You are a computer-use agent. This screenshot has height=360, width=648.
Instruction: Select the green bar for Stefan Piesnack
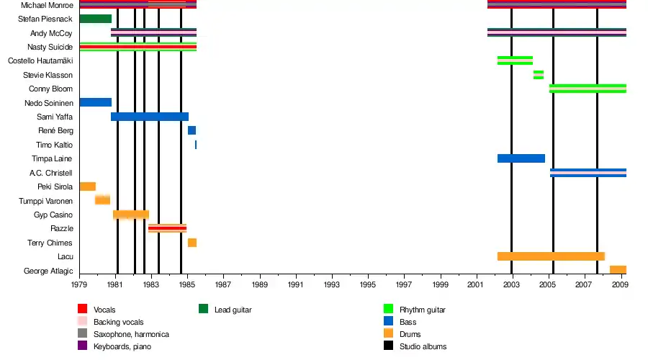click(95, 19)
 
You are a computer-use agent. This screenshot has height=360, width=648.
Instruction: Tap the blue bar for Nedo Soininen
click(95, 103)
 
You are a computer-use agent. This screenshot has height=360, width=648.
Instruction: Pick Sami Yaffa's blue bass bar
click(150, 117)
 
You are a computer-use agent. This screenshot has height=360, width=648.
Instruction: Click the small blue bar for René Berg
click(192, 130)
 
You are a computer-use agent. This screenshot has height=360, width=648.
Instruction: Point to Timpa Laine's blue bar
click(521, 158)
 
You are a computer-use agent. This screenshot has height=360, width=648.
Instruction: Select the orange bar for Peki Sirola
click(87, 186)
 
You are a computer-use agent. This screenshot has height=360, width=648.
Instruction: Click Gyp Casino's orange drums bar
click(130, 215)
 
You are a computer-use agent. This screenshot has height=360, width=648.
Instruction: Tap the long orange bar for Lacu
click(551, 256)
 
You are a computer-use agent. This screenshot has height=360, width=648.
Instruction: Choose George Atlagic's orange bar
click(618, 270)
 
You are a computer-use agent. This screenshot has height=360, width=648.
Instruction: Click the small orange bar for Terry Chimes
click(192, 243)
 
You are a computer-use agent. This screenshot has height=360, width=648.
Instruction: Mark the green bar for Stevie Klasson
click(539, 75)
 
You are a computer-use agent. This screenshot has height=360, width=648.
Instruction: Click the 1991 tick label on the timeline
click(296, 284)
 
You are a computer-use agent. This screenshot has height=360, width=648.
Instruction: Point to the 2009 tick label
click(620, 284)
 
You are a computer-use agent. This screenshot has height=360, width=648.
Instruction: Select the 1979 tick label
click(80, 284)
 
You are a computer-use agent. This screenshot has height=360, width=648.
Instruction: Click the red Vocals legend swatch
click(83, 310)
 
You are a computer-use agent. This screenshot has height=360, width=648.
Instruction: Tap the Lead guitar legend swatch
click(204, 310)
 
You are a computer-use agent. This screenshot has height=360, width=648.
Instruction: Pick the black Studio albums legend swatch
click(388, 346)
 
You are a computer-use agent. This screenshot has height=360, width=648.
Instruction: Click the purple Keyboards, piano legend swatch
click(83, 346)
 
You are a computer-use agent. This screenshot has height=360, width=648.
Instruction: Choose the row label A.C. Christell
click(51, 173)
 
